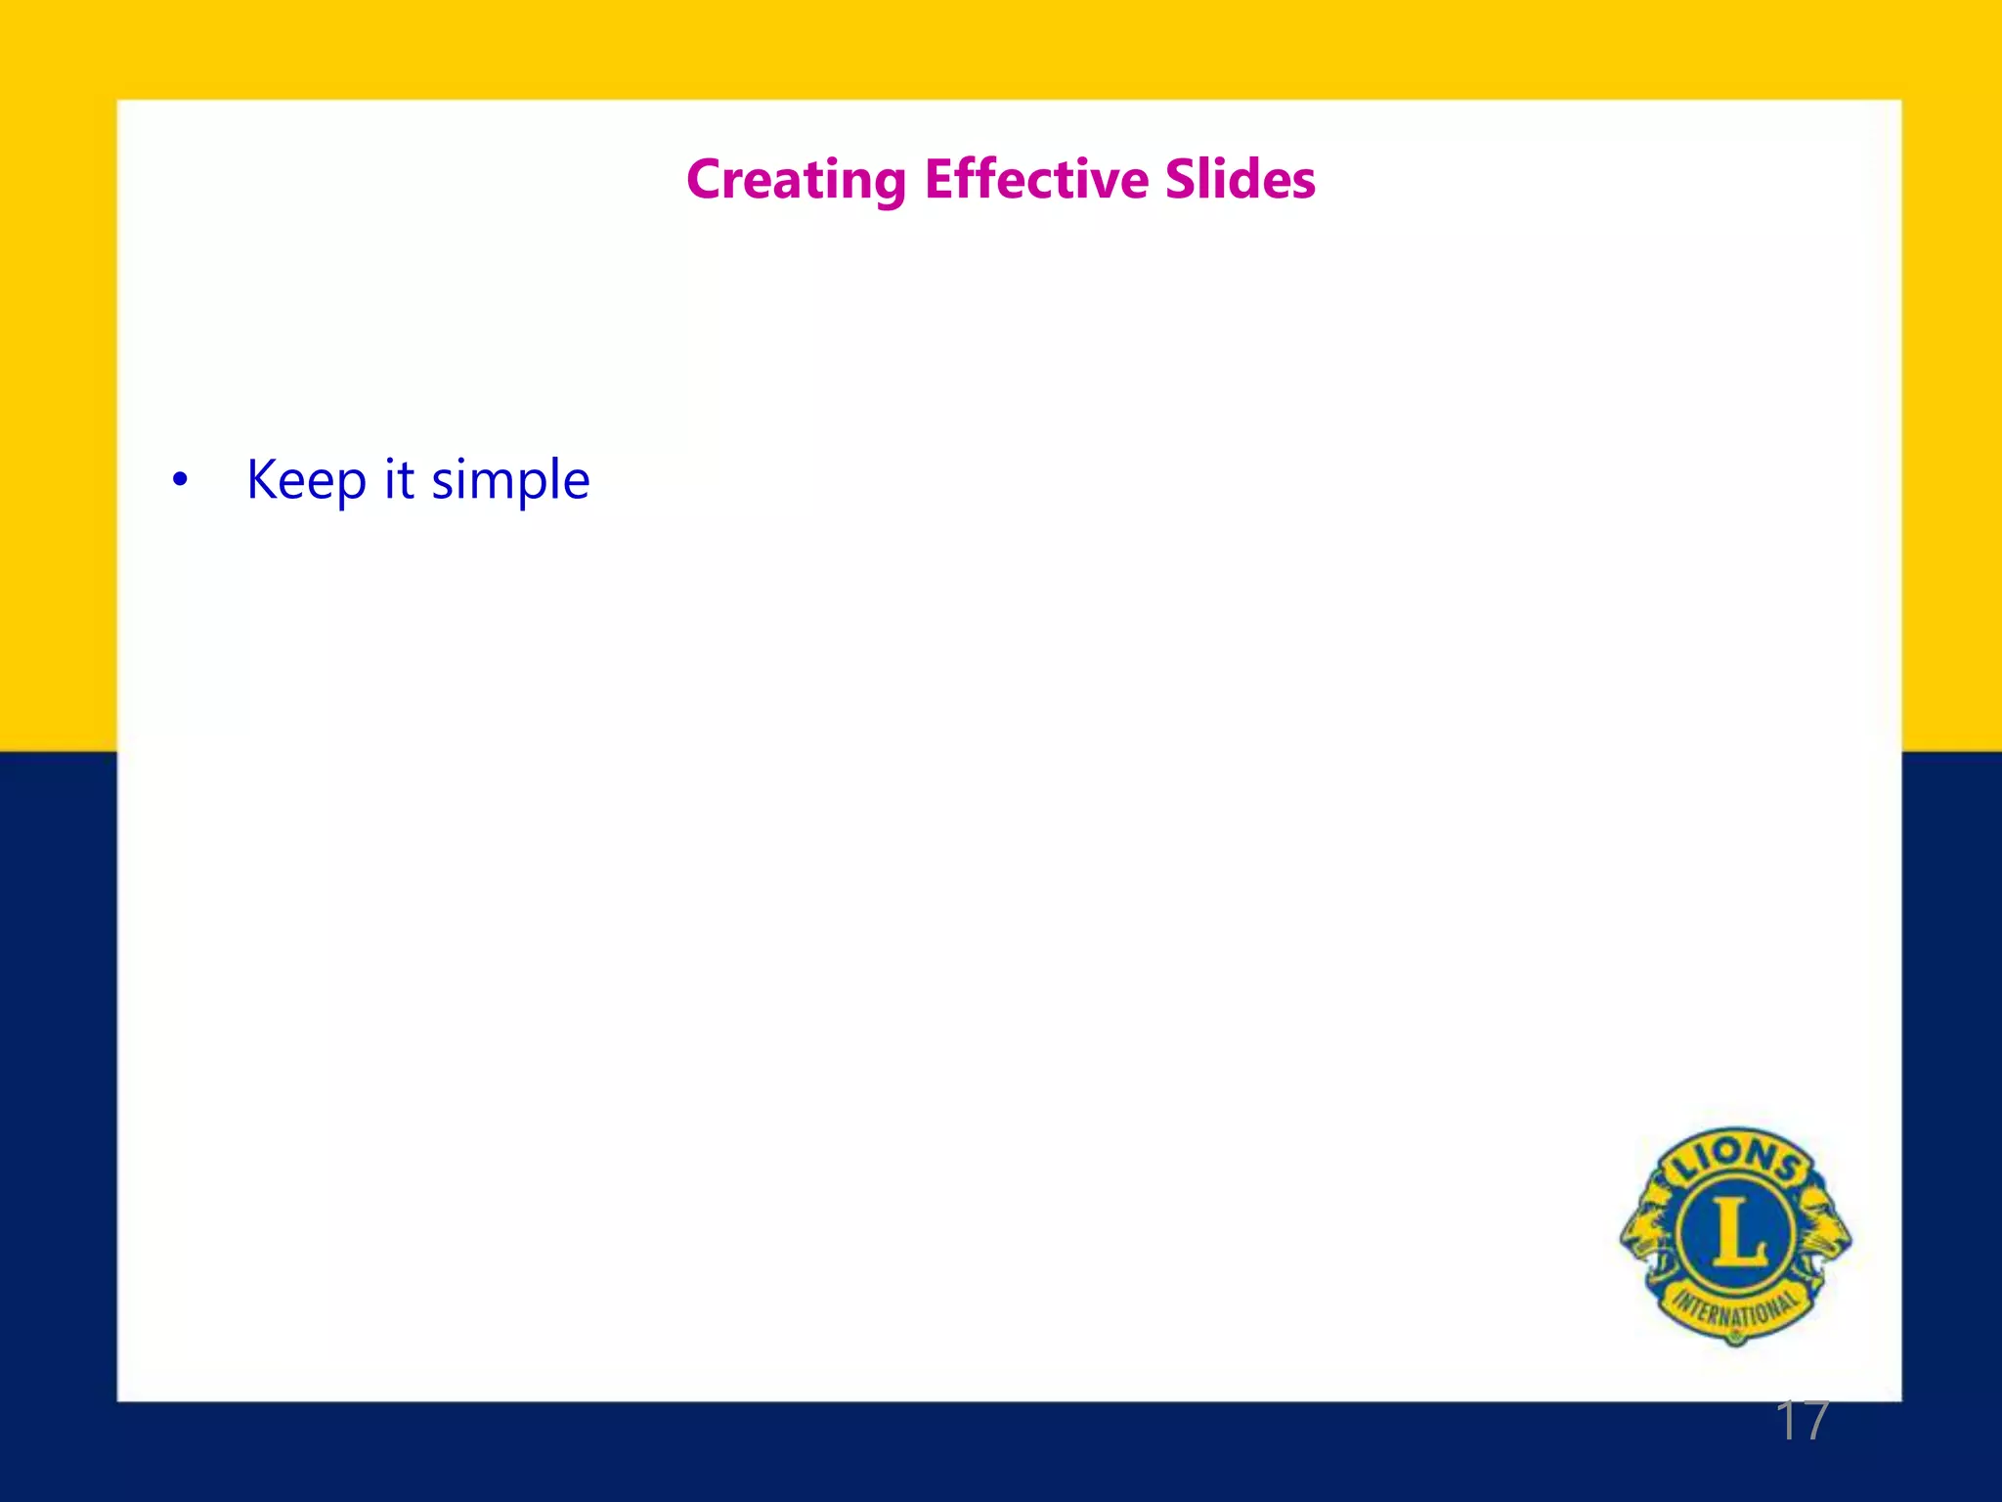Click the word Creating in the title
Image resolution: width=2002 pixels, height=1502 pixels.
(x=796, y=181)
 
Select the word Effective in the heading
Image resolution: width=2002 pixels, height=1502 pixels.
(x=1036, y=179)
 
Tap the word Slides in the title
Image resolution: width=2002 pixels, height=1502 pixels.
(x=1240, y=179)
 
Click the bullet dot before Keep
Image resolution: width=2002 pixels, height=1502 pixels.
(x=179, y=481)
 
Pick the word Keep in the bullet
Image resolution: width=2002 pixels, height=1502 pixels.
(x=306, y=481)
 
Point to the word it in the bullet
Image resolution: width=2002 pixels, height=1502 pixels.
(x=399, y=479)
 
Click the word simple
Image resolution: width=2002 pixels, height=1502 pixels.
(x=510, y=481)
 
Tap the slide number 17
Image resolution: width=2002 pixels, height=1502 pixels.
(x=1801, y=1421)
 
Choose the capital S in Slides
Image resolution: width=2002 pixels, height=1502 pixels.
(x=1181, y=180)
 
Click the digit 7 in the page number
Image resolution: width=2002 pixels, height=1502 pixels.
(x=1814, y=1421)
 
